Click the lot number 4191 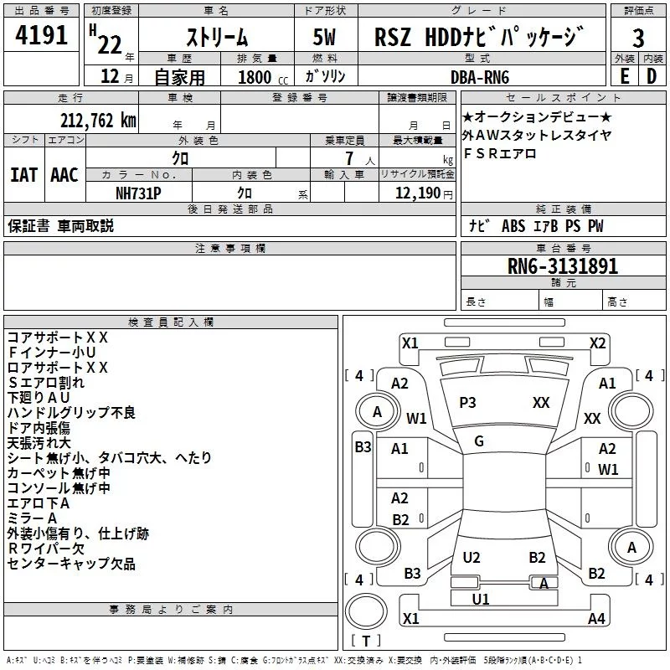click(x=42, y=36)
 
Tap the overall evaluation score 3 click(x=638, y=39)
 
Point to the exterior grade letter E click(x=624, y=76)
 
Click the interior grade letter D click(x=652, y=76)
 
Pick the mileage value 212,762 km click(x=97, y=120)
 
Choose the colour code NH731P click(x=139, y=193)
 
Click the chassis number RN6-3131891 click(x=563, y=266)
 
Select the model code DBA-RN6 click(x=479, y=76)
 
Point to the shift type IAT click(x=23, y=175)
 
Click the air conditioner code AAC click(x=64, y=175)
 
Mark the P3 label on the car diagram click(x=467, y=403)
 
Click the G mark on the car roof click(x=479, y=441)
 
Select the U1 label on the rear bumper click(x=481, y=599)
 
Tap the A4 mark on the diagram click(x=596, y=619)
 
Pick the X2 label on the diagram click(x=597, y=343)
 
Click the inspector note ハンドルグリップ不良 click(x=71, y=412)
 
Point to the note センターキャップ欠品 click(x=71, y=564)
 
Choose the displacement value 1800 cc click(x=255, y=77)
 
